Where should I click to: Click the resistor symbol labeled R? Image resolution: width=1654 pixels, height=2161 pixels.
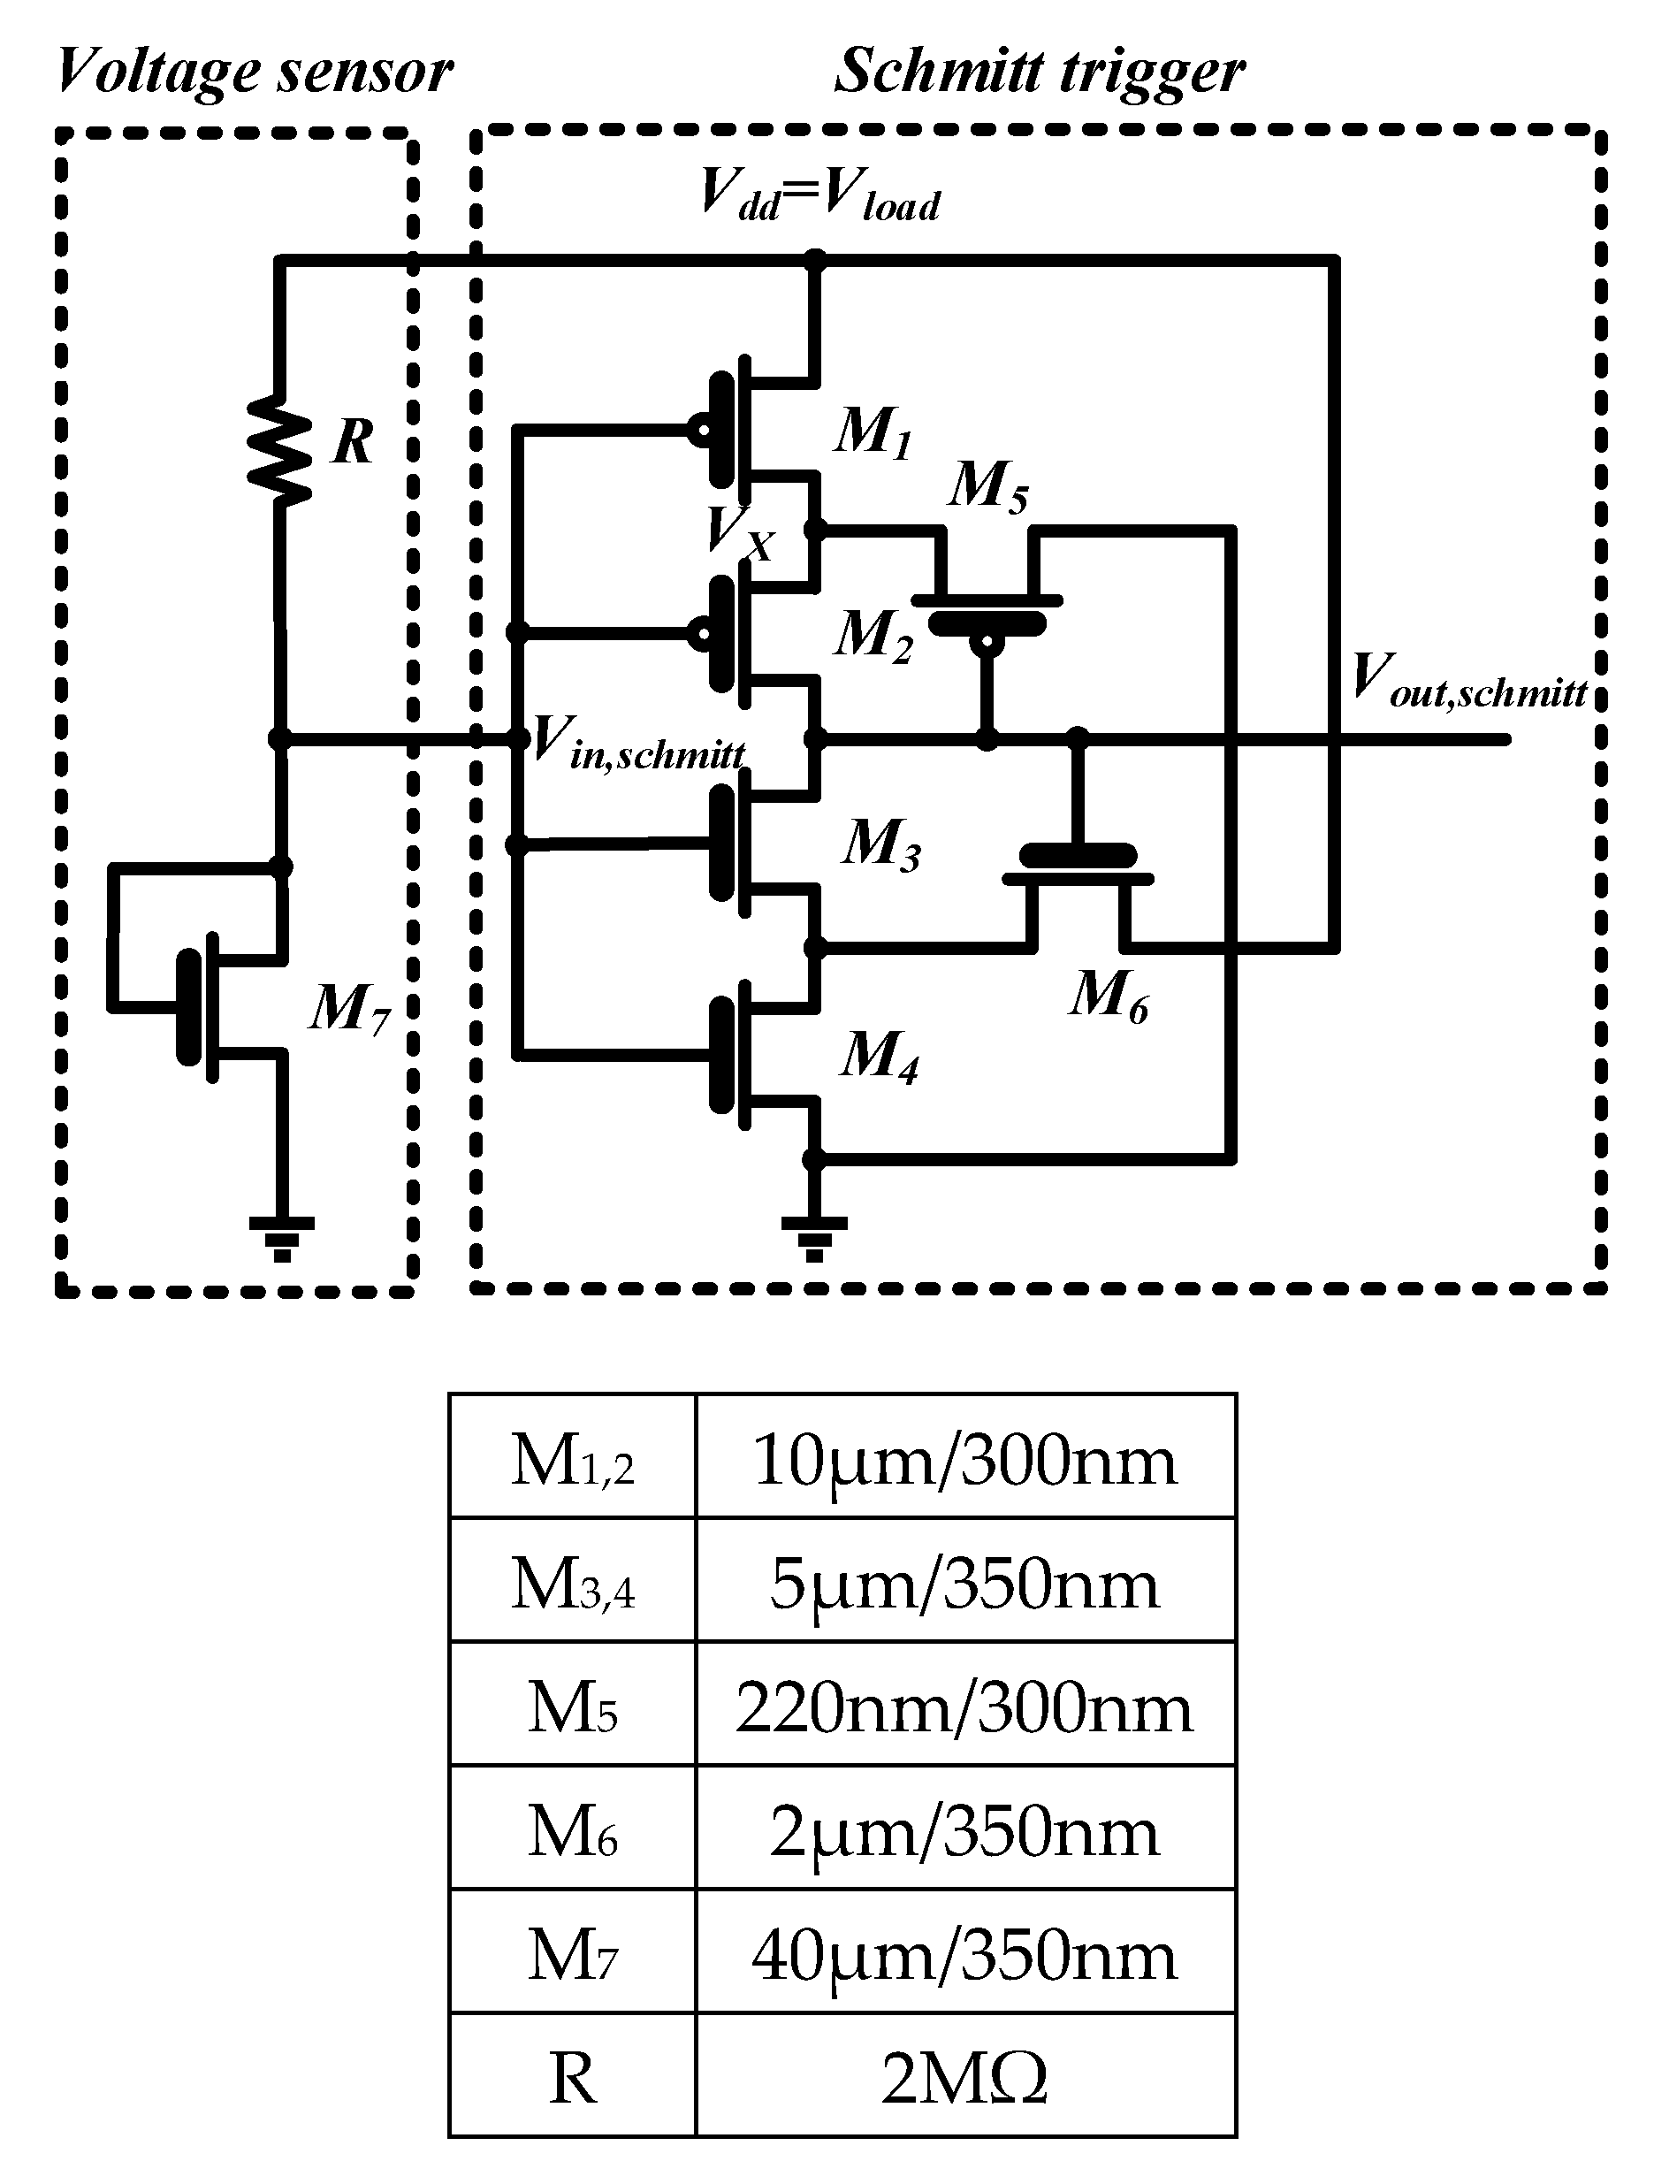[279, 451]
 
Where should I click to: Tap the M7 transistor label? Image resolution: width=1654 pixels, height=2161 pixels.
[350, 1009]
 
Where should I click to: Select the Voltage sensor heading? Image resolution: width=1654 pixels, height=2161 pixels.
[254, 71]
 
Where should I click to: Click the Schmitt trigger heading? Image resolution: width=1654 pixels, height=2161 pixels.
[1040, 71]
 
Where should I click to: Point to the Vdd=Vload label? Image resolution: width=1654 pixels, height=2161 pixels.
[819, 195]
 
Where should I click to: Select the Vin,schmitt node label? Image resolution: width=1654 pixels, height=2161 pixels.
[638, 741]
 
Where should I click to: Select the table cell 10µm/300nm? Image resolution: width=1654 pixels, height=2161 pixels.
[964, 1461]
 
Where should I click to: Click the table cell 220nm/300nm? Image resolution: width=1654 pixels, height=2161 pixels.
[964, 1708]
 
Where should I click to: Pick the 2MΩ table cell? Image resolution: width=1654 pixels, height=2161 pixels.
[964, 2078]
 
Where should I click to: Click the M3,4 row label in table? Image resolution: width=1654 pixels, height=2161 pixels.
[572, 1585]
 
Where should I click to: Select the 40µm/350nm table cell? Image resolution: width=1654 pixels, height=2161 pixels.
[964, 1955]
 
